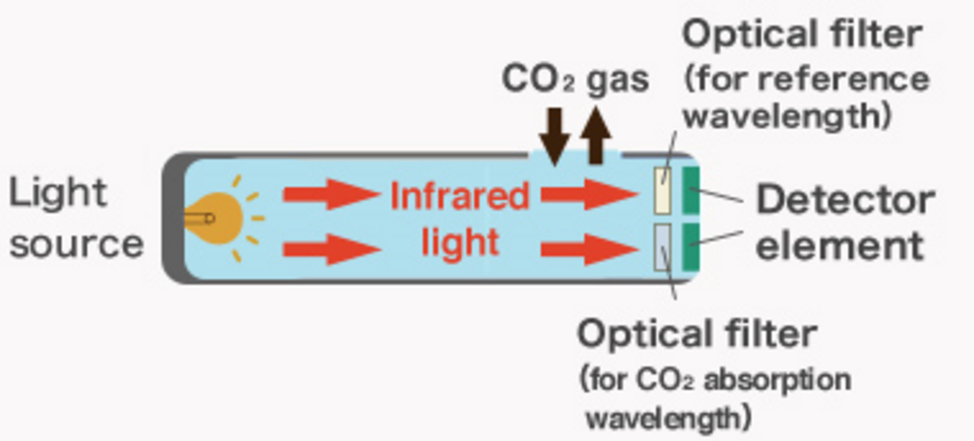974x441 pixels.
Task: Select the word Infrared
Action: click(x=460, y=197)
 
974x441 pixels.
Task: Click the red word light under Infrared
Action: click(x=460, y=241)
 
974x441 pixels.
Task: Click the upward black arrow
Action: click(x=597, y=136)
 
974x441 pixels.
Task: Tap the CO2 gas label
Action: click(x=575, y=79)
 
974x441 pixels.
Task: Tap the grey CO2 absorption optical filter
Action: click(x=662, y=245)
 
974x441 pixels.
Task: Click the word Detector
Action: click(x=845, y=200)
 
